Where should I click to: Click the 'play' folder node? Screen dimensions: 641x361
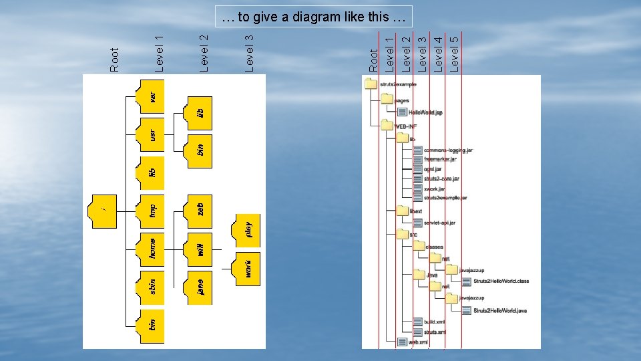pyautogui.click(x=246, y=228)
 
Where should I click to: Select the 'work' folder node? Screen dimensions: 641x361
pyautogui.click(x=246, y=268)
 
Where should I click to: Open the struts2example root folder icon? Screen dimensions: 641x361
pyautogui.click(x=371, y=84)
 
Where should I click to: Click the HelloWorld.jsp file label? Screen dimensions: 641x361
pyautogui.click(x=425, y=112)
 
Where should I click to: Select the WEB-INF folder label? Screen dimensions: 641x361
pyautogui.click(x=409, y=126)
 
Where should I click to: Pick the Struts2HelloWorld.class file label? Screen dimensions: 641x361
pyautogui.click(x=501, y=281)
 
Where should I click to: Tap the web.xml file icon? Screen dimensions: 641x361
pyautogui.click(x=402, y=342)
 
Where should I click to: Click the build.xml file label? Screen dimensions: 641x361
pyautogui.click(x=434, y=322)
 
